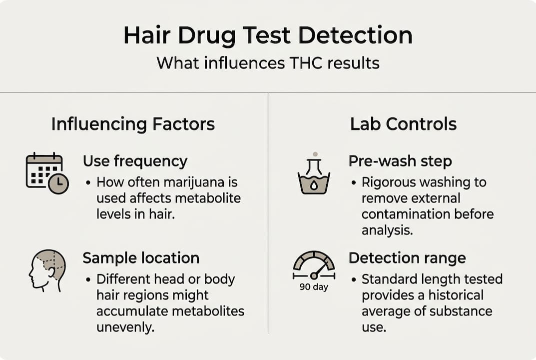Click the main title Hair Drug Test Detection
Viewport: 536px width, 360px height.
tap(268, 36)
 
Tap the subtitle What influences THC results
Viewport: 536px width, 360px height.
tap(268, 63)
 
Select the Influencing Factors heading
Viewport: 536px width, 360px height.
tap(133, 123)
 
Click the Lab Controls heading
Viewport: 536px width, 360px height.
tap(403, 123)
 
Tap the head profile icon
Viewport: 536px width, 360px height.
tap(47, 270)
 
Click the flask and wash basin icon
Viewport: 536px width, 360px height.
tap(314, 174)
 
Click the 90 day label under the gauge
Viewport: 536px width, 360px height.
tap(314, 287)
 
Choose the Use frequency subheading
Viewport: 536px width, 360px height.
tap(135, 161)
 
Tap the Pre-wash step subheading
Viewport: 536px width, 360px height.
tap(400, 161)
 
